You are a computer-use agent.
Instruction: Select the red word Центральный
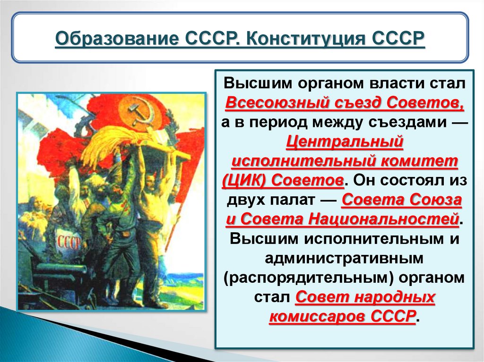pyautogui.click(x=345, y=142)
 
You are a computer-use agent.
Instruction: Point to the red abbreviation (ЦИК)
pyautogui.click(x=244, y=181)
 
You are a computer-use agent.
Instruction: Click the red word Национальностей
pyautogui.click(x=384, y=219)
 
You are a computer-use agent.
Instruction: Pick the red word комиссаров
pyautogui.click(x=318, y=316)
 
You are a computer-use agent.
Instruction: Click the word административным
pyautogui.click(x=344, y=258)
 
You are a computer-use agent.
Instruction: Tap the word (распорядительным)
pyautogui.click(x=308, y=278)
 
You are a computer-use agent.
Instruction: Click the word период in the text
pyautogui.click(x=277, y=123)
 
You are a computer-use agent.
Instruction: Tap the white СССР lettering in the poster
pyautogui.click(x=69, y=242)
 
